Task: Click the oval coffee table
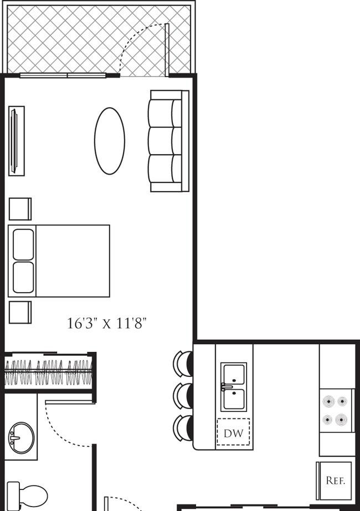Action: (110, 141)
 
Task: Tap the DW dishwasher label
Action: (234, 433)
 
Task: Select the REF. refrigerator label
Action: (335, 481)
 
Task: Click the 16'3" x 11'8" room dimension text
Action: (107, 323)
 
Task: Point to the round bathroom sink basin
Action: (21, 437)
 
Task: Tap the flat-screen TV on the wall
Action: (14, 141)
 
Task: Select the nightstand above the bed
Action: (20, 209)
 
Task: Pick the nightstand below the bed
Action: (20, 312)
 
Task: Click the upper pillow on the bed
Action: (23, 244)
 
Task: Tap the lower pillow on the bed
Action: (23, 277)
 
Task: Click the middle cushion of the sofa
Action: (165, 141)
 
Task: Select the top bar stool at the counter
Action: (183, 364)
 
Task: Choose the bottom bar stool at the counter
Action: (183, 428)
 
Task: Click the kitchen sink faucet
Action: (227, 387)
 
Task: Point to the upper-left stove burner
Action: (329, 401)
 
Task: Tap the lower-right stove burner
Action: (342, 420)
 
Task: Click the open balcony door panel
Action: (167, 50)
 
